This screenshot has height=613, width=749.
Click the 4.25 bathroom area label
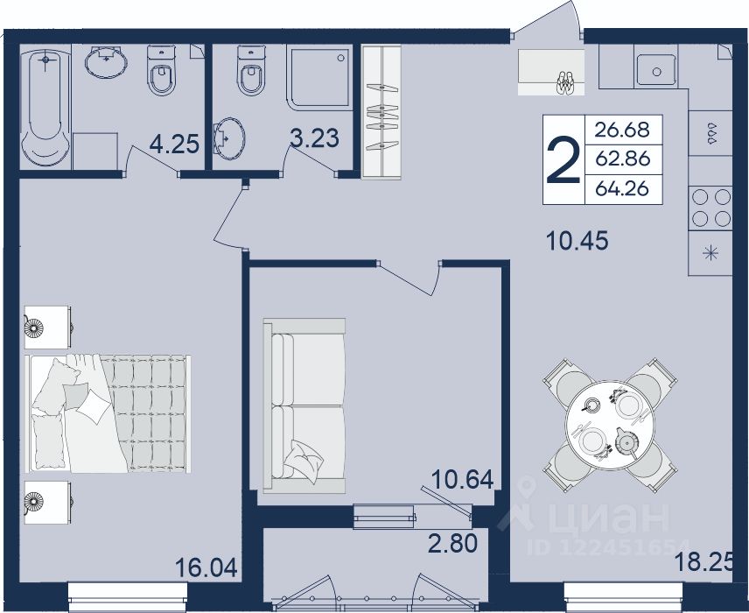point(174,144)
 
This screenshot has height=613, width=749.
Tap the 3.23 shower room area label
point(315,137)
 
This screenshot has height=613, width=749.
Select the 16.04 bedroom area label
point(206,568)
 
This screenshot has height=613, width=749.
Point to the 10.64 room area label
point(462,479)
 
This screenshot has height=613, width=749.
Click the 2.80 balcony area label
point(452,543)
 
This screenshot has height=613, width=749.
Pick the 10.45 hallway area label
point(577,242)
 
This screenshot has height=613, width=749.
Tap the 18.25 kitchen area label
point(703,562)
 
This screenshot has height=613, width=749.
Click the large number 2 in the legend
point(563,160)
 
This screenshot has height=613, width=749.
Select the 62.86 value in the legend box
point(623,159)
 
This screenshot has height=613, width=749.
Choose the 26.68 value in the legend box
point(623,129)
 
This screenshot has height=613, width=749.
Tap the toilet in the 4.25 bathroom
point(162,70)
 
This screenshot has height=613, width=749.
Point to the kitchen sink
point(655,70)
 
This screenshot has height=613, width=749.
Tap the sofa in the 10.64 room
point(304,405)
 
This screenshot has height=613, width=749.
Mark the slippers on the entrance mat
point(566,83)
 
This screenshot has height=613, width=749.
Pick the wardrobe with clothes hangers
point(381,112)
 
